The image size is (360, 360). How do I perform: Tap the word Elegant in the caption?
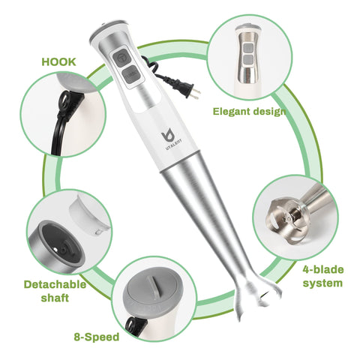[232, 112]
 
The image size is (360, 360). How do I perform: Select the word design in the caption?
[271, 112]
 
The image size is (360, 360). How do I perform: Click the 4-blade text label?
[323, 269]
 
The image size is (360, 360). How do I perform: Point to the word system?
[323, 283]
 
